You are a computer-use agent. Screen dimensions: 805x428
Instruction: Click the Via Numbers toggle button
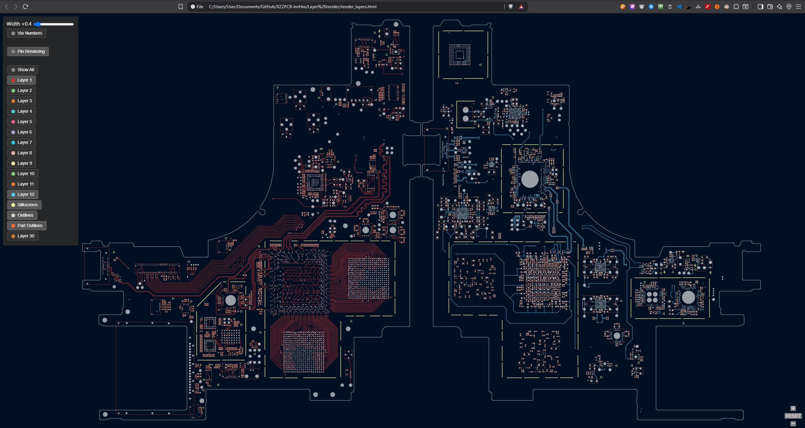tap(27, 33)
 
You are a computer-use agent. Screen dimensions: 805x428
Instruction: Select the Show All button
tap(23, 70)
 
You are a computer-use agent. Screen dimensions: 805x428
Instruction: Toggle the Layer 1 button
tap(21, 80)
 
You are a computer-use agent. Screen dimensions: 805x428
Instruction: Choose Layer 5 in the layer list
tap(21, 122)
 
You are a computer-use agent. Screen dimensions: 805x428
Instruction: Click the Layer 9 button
tap(21, 163)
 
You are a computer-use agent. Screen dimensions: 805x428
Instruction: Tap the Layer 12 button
tap(23, 194)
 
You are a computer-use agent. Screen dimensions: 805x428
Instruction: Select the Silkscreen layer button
tap(24, 205)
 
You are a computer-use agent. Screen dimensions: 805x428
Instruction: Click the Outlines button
tap(22, 215)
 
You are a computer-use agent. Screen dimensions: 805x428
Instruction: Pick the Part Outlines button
tap(27, 225)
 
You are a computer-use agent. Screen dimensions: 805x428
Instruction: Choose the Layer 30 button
tap(23, 236)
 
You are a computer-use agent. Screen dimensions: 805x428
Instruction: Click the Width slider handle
tap(37, 24)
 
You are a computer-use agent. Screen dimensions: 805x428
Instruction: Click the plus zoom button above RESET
tap(793, 408)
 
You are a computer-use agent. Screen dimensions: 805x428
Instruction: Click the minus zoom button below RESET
tap(793, 424)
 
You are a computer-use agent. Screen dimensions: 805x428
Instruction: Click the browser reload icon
tap(25, 7)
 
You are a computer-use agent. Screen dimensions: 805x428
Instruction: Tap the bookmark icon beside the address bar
tap(180, 7)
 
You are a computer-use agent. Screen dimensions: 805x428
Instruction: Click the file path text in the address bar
tap(292, 7)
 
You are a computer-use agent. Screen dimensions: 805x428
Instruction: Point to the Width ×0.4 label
tap(19, 24)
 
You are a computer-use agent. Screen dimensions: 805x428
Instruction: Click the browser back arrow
tap(7, 7)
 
